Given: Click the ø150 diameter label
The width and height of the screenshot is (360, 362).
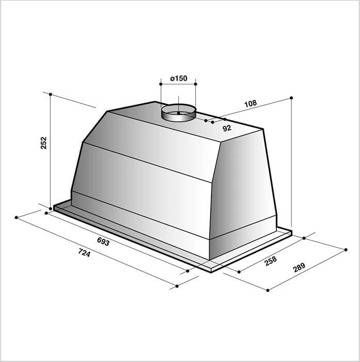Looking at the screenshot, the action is point(179,79).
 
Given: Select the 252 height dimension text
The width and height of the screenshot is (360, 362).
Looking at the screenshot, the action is point(43,143).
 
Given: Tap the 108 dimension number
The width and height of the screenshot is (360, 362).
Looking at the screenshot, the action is point(251,103).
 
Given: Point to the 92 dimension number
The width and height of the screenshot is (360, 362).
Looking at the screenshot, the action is point(227,128).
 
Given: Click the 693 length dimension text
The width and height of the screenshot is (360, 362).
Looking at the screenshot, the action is point(103,242).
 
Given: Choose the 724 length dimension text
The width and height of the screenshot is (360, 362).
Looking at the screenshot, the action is point(84,252).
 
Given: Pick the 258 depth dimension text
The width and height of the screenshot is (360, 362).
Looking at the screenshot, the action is point(270,261).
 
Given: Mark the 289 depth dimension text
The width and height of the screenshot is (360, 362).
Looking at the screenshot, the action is point(299,267).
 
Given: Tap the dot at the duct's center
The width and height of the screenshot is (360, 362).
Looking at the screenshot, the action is point(178,113).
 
